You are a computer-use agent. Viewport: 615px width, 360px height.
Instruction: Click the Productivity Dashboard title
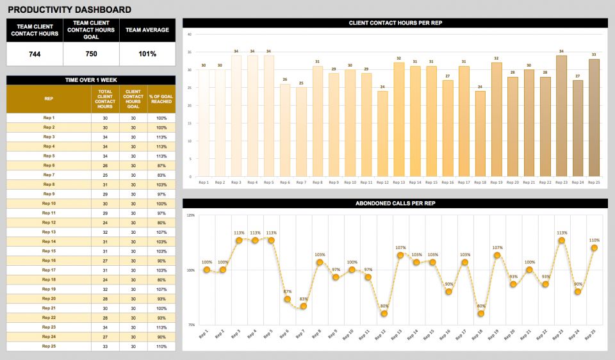(69, 10)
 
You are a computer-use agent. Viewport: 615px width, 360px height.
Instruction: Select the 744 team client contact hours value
(35, 54)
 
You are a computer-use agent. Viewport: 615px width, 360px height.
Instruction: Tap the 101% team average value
(147, 54)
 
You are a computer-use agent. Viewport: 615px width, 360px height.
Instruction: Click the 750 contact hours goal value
(91, 54)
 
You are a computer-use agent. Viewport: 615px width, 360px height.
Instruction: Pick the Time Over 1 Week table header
(90, 80)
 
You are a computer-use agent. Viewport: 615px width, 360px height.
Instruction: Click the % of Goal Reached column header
(161, 99)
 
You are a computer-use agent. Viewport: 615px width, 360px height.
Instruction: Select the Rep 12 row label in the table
(49, 222)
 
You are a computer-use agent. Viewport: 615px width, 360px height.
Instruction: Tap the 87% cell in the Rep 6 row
(161, 165)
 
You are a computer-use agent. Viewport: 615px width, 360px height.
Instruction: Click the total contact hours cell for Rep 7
(105, 175)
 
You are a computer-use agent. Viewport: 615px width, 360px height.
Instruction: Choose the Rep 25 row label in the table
(49, 346)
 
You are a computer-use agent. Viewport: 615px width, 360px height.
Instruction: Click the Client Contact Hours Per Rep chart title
(395, 23)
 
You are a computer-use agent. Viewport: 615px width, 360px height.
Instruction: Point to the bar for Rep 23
(561, 115)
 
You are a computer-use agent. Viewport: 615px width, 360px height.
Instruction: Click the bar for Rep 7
(301, 131)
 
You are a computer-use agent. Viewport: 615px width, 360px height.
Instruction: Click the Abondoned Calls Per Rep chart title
(395, 203)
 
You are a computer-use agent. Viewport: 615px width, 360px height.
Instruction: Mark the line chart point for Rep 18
(480, 313)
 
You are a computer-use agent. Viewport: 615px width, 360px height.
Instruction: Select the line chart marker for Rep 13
(400, 255)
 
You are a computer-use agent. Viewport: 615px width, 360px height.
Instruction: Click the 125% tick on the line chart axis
(190, 215)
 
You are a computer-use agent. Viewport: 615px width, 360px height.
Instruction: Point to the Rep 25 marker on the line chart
(594, 248)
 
